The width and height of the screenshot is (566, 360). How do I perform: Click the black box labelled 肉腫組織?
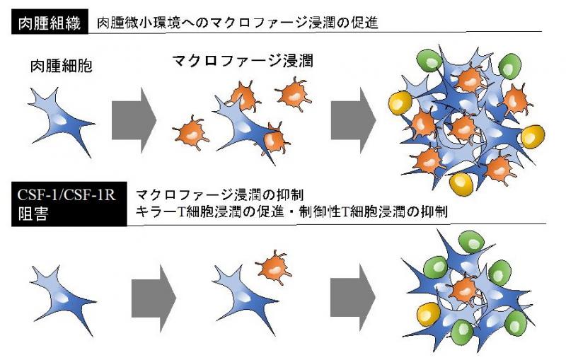pyautogui.click(x=50, y=22)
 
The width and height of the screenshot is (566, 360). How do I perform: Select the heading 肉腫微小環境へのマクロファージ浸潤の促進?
pyautogui.click(x=238, y=23)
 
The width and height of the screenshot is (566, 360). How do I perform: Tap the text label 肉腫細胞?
pyautogui.click(x=62, y=66)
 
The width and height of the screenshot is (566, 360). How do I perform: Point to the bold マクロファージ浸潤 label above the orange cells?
pyautogui.click(x=242, y=61)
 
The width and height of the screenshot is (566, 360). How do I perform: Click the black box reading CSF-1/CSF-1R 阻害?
pyautogui.click(x=69, y=204)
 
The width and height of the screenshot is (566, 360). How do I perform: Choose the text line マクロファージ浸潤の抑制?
pyautogui.click(x=219, y=194)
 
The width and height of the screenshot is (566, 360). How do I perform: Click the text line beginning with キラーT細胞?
pyautogui.click(x=291, y=211)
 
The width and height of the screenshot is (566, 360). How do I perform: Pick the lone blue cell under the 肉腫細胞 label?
pyautogui.click(x=62, y=121)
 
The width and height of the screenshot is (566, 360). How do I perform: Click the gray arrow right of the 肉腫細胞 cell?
pyautogui.click(x=134, y=120)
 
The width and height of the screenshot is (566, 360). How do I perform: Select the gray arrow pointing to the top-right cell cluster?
pyautogui.click(x=353, y=120)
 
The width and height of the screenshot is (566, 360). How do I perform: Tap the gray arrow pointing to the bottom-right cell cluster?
pyautogui.click(x=352, y=298)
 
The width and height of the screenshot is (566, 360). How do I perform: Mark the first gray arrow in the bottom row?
pyautogui.click(x=154, y=298)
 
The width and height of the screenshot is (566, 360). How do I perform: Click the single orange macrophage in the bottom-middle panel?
pyautogui.click(x=274, y=267)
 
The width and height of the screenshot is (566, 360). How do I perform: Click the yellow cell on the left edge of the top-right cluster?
pyautogui.click(x=400, y=103)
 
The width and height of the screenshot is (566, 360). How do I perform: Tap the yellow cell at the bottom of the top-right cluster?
pyautogui.click(x=461, y=184)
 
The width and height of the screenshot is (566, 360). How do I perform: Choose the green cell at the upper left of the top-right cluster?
pyautogui.click(x=429, y=62)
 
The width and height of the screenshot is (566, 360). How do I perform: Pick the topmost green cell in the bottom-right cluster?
pyautogui.click(x=471, y=243)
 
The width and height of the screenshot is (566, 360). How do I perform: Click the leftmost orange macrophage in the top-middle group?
pyautogui.click(x=190, y=133)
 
